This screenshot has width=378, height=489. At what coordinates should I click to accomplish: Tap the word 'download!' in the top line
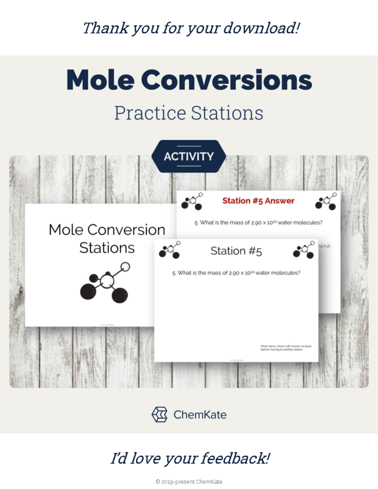pos(261,28)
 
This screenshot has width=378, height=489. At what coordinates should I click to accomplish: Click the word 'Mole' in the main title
pos(100,80)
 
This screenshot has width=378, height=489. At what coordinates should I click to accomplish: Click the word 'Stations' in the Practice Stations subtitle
pos(227,113)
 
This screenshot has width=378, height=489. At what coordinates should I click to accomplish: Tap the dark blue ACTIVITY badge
pos(189,156)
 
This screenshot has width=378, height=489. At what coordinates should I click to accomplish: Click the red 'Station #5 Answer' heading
pos(258,201)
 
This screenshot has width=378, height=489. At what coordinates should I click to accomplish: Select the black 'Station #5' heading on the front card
pos(236,251)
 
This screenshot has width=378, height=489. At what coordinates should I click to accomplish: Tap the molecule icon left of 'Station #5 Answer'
pos(192,202)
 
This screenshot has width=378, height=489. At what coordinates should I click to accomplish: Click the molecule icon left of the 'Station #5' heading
pos(169,250)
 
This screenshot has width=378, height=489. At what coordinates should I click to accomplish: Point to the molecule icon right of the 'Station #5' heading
pos(304,250)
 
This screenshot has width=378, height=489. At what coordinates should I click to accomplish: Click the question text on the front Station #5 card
pos(236,273)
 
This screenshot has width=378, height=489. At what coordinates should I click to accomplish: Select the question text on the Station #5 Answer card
pos(258,223)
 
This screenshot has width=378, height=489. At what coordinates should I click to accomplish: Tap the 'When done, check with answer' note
pos(285,348)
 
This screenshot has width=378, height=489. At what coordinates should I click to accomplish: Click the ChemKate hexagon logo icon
pos(159,414)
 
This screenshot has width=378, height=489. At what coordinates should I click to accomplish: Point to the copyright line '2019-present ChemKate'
pos(189,482)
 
